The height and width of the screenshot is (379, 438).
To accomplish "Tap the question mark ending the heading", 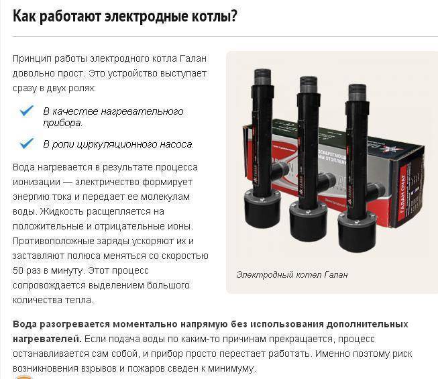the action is tap(233, 15).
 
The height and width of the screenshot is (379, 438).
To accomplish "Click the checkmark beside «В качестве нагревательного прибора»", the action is tap(27, 111).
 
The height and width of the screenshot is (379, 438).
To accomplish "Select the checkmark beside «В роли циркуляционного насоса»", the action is tap(27, 144).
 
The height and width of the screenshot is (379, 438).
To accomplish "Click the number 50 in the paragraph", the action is tap(18, 270).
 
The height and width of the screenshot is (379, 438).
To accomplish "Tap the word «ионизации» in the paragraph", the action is tap(37, 182).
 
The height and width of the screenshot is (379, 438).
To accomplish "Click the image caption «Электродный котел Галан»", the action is tap(292, 275).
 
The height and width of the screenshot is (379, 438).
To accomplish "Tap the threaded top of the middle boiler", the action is tap(309, 85).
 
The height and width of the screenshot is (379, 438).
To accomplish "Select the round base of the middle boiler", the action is tap(308, 221).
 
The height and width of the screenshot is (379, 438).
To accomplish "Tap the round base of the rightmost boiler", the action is tap(358, 231).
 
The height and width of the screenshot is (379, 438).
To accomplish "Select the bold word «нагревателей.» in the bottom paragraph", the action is tap(47, 339).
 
